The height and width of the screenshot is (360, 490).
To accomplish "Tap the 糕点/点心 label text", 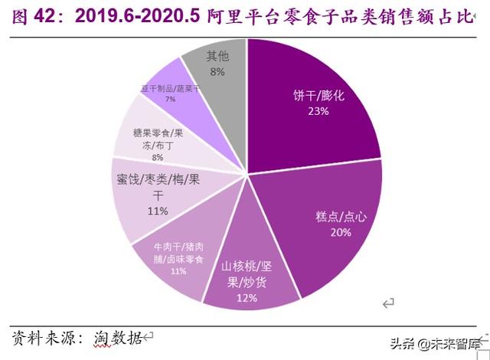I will pos(341,216).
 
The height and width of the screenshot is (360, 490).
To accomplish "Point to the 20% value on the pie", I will pos(341,231).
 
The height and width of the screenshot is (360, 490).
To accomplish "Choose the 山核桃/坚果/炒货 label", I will pos(247,274).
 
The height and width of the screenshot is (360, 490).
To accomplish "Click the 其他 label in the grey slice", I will pos(217,56).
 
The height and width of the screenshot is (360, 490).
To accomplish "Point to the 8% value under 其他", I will pos(217,71).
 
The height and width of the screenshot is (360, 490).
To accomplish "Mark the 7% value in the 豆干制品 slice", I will pos(170,99).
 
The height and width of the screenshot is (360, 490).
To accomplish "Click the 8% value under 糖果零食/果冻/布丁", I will pos(158,157).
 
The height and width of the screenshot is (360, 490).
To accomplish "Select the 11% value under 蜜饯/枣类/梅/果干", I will pos(157,211).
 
